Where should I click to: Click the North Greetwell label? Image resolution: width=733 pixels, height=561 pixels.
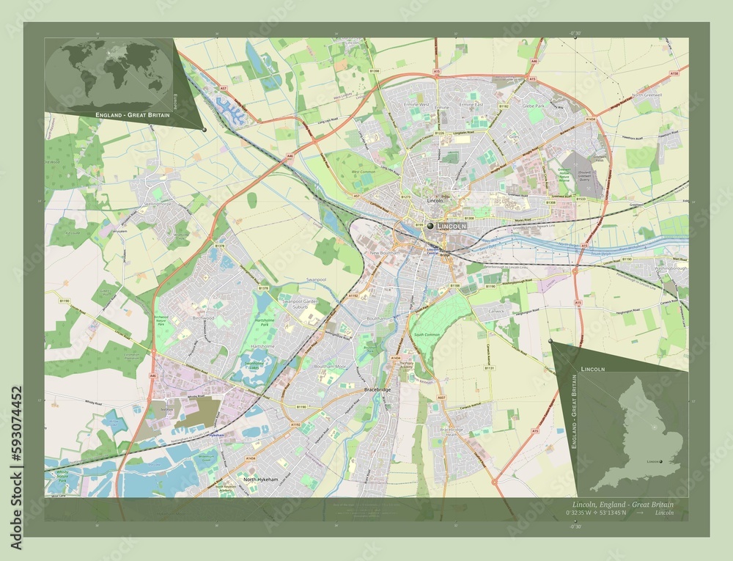coord(647,95)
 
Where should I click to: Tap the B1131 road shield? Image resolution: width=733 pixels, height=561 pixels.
coord(489,367)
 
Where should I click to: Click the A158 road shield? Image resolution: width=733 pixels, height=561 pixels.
coord(674,74)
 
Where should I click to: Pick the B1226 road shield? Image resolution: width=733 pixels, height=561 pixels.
coord(440,133)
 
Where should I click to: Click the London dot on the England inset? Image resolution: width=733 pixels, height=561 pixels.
coord(660,461)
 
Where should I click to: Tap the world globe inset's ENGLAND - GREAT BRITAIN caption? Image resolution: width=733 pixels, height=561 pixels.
coord(132,116)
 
